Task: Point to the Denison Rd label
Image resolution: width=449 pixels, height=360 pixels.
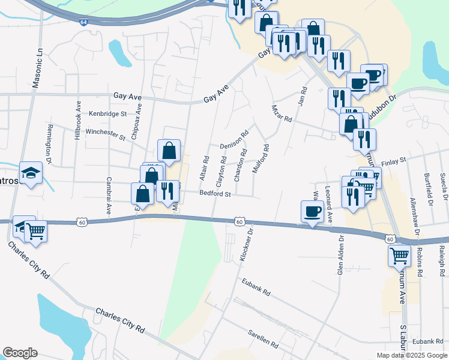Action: point(234,142)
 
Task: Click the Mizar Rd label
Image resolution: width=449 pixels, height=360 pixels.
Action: point(281,114)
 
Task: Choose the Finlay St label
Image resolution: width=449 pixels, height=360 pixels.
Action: point(394,160)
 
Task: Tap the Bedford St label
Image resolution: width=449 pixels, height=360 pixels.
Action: point(215,194)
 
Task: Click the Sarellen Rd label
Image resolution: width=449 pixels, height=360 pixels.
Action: point(263,338)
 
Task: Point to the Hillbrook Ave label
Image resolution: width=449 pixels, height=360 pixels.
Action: point(77,120)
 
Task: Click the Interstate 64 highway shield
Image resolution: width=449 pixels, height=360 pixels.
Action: point(83,22)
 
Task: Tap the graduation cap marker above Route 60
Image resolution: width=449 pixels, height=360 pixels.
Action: point(31,173)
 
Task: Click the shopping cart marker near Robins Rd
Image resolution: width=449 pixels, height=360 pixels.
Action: point(399,256)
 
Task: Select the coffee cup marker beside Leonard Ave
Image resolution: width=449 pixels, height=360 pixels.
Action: point(312,211)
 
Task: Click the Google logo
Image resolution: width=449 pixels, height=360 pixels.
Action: point(20,353)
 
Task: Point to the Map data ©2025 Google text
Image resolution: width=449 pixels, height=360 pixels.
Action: point(412,355)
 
